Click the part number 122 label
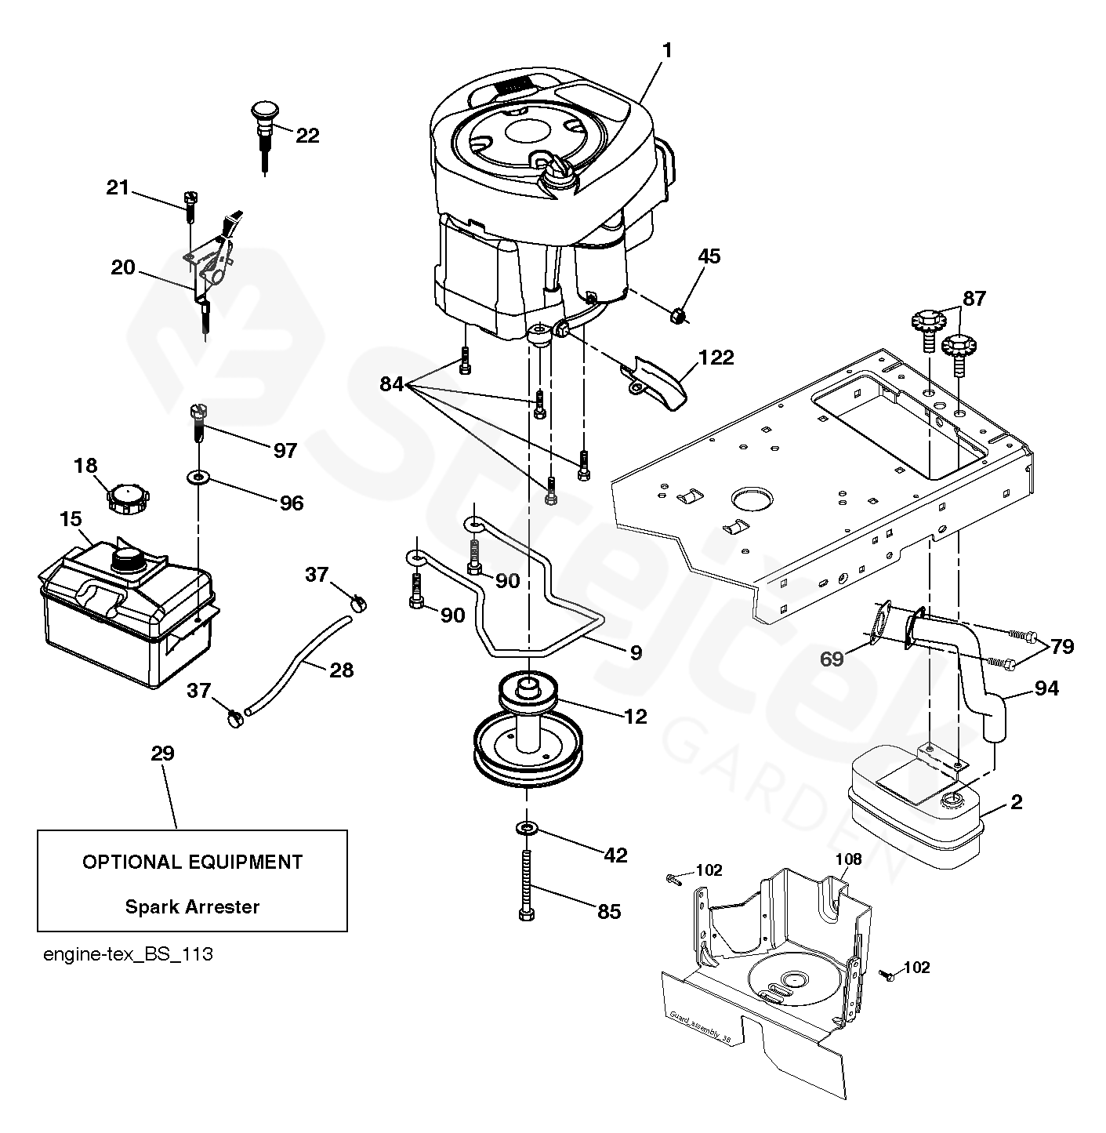click(716, 357)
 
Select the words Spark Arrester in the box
click(192, 906)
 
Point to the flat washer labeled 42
click(526, 827)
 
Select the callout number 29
click(162, 754)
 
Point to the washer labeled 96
click(198, 478)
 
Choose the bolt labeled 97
click(198, 424)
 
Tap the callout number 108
click(848, 859)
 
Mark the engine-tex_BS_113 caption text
click(128, 955)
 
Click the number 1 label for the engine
click(667, 51)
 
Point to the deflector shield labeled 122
click(655, 383)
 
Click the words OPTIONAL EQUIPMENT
click(192, 862)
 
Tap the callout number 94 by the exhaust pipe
click(1046, 688)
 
